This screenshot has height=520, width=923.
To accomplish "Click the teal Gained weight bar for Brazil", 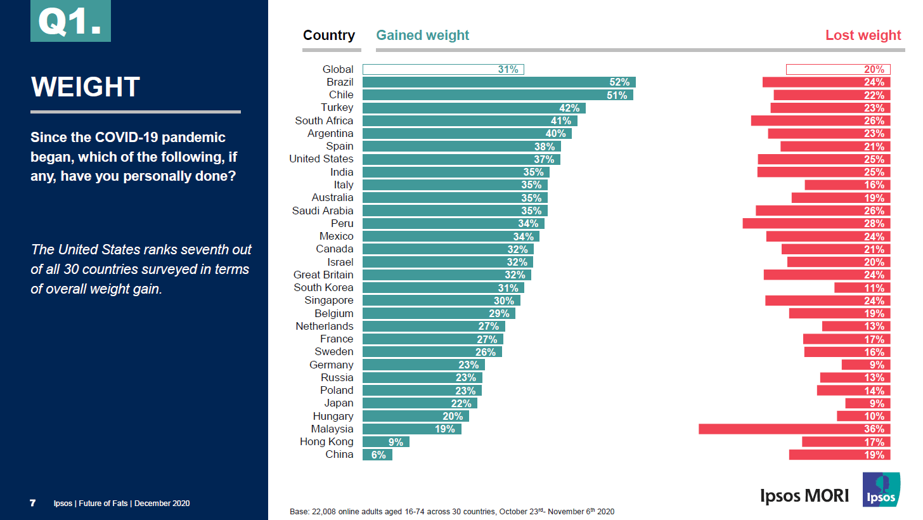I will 498,82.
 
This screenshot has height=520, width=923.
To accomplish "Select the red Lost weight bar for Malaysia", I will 794,429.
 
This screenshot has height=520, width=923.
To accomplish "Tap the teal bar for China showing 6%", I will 377,455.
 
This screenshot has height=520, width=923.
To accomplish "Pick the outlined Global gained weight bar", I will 443,70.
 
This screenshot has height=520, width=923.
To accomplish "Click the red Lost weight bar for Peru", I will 816,224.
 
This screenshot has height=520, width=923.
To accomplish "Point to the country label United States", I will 321,159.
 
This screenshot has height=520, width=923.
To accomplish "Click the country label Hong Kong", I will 326,442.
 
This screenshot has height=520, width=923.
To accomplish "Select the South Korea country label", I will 323,288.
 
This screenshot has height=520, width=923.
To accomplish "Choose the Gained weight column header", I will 422,36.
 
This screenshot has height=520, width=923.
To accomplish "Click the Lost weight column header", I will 863,36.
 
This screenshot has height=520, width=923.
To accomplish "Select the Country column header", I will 329,36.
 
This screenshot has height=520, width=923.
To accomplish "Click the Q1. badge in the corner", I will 70,21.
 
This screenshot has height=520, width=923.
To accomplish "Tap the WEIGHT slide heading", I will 85,87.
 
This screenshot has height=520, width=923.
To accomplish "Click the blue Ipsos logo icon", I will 881,490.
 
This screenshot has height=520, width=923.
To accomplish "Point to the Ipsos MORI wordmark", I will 804,495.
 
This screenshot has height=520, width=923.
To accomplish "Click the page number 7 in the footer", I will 32,504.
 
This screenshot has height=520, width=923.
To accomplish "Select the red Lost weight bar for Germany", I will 866,365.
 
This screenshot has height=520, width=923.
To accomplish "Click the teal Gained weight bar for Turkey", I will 474,108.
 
